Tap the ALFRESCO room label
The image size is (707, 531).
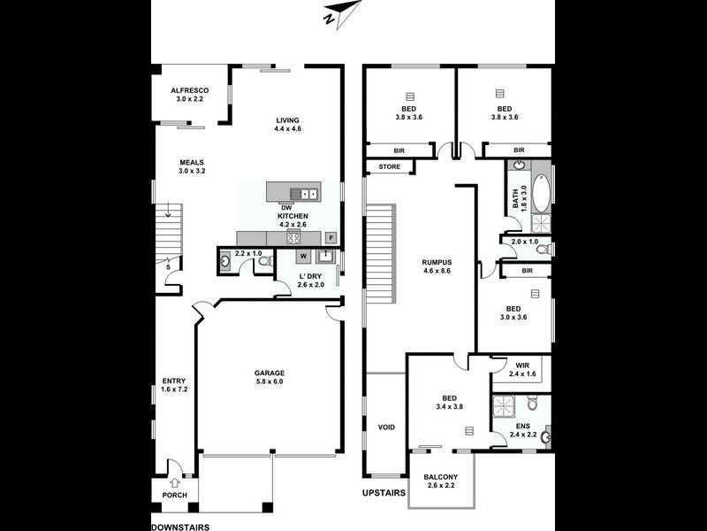click(189, 90)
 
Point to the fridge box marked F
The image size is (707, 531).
click(331, 237)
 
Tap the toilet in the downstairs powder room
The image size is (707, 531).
click(262, 263)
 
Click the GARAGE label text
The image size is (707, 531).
click(269, 373)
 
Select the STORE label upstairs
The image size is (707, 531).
click(389, 166)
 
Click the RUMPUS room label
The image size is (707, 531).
click(437, 263)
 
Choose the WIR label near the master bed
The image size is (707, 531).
click(521, 365)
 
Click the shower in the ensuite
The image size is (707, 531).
click(506, 406)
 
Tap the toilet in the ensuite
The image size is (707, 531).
click(533, 404)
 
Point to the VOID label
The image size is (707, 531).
click(386, 427)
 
